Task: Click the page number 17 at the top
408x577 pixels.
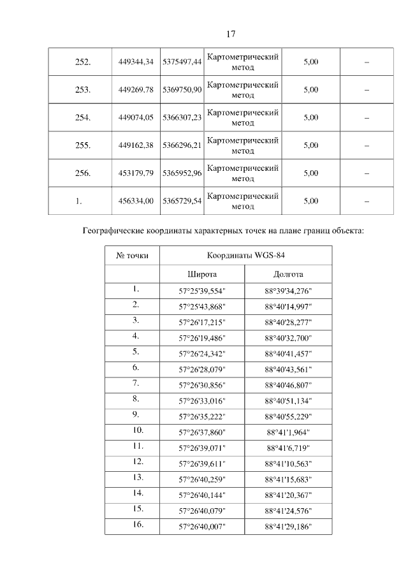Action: coord(231,34)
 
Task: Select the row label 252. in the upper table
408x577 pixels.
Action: coord(83,62)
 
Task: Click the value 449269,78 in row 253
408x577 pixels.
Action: coord(136,90)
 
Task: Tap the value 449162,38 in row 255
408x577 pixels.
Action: coord(136,145)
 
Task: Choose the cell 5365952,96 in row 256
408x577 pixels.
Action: coord(182,173)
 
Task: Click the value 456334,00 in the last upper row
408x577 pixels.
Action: coord(136,201)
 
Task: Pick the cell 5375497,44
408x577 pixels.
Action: coord(182,62)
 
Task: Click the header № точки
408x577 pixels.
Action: coord(132,256)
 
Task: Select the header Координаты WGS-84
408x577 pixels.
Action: coord(245,256)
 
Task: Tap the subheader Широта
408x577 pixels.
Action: coord(202,274)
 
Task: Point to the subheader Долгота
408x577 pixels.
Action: coord(288,274)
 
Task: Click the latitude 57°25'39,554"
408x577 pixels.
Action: coord(202,291)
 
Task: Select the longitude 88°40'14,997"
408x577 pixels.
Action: coord(288,306)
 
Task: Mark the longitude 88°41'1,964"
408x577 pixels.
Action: coord(288,432)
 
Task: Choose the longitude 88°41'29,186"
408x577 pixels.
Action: coord(288,526)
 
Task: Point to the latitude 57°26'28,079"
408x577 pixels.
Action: coord(202,369)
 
